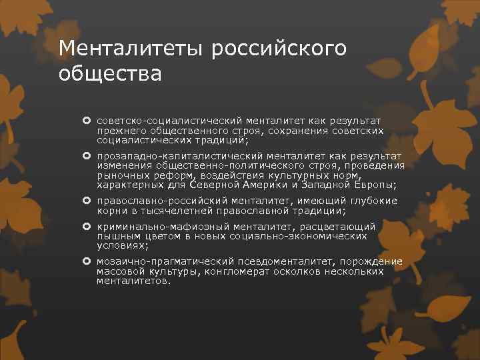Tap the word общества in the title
(110, 72)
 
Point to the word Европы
(374, 184)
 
